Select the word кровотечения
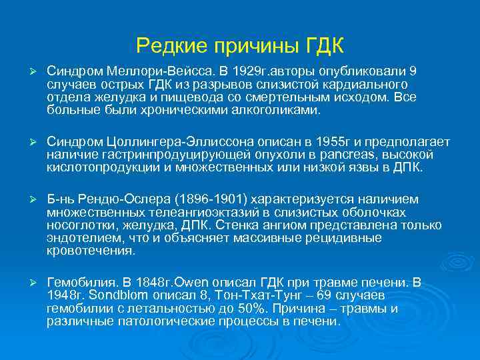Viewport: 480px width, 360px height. pos(91,251)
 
